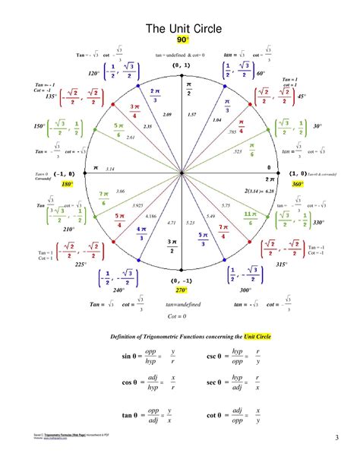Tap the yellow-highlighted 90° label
click(x=182, y=40)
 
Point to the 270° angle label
click(x=181, y=290)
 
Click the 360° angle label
click(x=297, y=184)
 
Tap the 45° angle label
click(x=302, y=97)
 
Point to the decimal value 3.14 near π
click(x=109, y=169)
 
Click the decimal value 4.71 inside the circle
click(x=171, y=223)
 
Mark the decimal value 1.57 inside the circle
click(x=191, y=115)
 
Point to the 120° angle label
click(x=93, y=74)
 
